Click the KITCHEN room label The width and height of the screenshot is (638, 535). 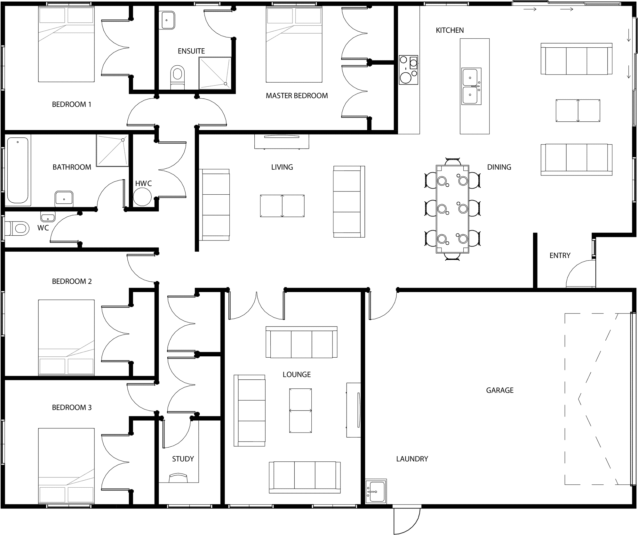pyautogui.click(x=450, y=30)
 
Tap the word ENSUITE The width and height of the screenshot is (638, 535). pyautogui.click(x=191, y=51)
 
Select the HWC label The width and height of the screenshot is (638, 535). pyautogui.click(x=143, y=183)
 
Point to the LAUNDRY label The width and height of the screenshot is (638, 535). pyautogui.click(x=412, y=459)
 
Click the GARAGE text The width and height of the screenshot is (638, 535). pyautogui.click(x=500, y=390)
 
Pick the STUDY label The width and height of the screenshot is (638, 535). pyautogui.click(x=183, y=459)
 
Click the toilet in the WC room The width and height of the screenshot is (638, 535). pyautogui.click(x=16, y=228)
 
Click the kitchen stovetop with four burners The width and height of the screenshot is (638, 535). pyautogui.click(x=408, y=70)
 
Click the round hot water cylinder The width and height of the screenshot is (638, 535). pyautogui.click(x=142, y=197)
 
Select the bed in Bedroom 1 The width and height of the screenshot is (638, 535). pyautogui.click(x=66, y=45)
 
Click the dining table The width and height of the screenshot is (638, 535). pyautogui.click(x=452, y=209)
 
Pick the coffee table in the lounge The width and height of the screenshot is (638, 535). pyautogui.click(x=300, y=410)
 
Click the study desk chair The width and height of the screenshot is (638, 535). pyautogui.click(x=178, y=478)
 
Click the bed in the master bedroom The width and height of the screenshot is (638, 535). pyautogui.click(x=294, y=45)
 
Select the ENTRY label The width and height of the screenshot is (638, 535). pyautogui.click(x=560, y=255)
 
